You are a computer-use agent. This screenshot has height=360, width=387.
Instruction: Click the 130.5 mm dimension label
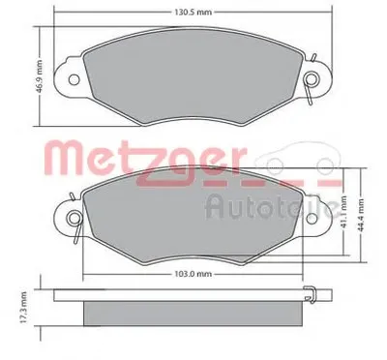pyautogui.click(x=193, y=13)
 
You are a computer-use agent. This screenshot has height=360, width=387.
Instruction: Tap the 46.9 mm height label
pyautogui.click(x=40, y=76)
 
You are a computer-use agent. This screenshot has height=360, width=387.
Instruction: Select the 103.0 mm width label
pyautogui.click(x=193, y=274)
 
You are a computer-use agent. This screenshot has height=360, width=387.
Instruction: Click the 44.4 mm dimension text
pyautogui.click(x=361, y=216)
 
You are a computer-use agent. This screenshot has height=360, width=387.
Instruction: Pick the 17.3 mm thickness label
pyautogui.click(x=23, y=307)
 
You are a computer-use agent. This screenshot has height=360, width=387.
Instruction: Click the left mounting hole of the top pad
pyautogui.click(x=74, y=79)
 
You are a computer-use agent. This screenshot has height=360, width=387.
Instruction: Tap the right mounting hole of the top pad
pyautogui.click(x=312, y=79)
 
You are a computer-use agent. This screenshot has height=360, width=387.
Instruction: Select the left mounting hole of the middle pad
pyautogui.click(x=74, y=218)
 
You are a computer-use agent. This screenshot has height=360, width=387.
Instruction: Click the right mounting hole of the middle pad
pyautogui.click(x=312, y=218)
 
